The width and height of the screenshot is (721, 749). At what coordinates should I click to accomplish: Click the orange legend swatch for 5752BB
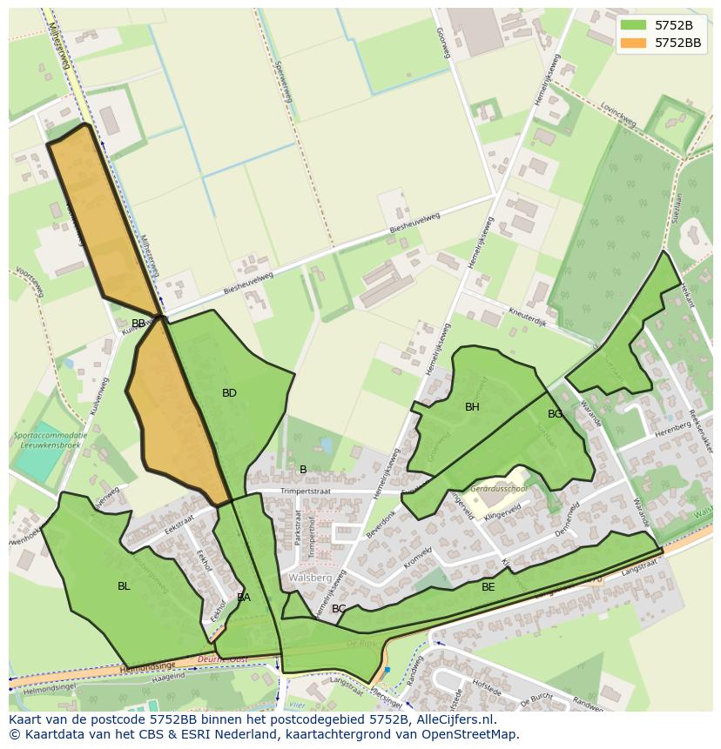[x=634, y=42]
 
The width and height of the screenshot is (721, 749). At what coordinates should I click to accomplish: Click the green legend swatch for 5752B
[x=634, y=24]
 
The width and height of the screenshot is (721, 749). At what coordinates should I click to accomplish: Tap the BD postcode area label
[x=229, y=393]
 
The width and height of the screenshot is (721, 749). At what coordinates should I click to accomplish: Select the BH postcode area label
[x=472, y=407]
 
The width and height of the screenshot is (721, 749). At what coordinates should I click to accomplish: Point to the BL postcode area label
[x=124, y=586]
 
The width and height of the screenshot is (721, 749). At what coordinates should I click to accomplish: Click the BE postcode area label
[x=489, y=587]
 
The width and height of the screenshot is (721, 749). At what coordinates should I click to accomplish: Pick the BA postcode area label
[x=244, y=598]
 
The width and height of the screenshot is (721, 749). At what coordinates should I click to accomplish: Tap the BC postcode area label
[x=339, y=609]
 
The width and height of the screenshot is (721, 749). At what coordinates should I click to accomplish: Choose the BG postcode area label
[x=555, y=414]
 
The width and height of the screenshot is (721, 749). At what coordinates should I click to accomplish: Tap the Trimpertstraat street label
[x=307, y=492]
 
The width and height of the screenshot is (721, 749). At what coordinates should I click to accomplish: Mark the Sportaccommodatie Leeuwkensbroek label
[x=50, y=438]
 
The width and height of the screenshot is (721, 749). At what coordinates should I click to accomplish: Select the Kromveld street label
[x=418, y=553]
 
